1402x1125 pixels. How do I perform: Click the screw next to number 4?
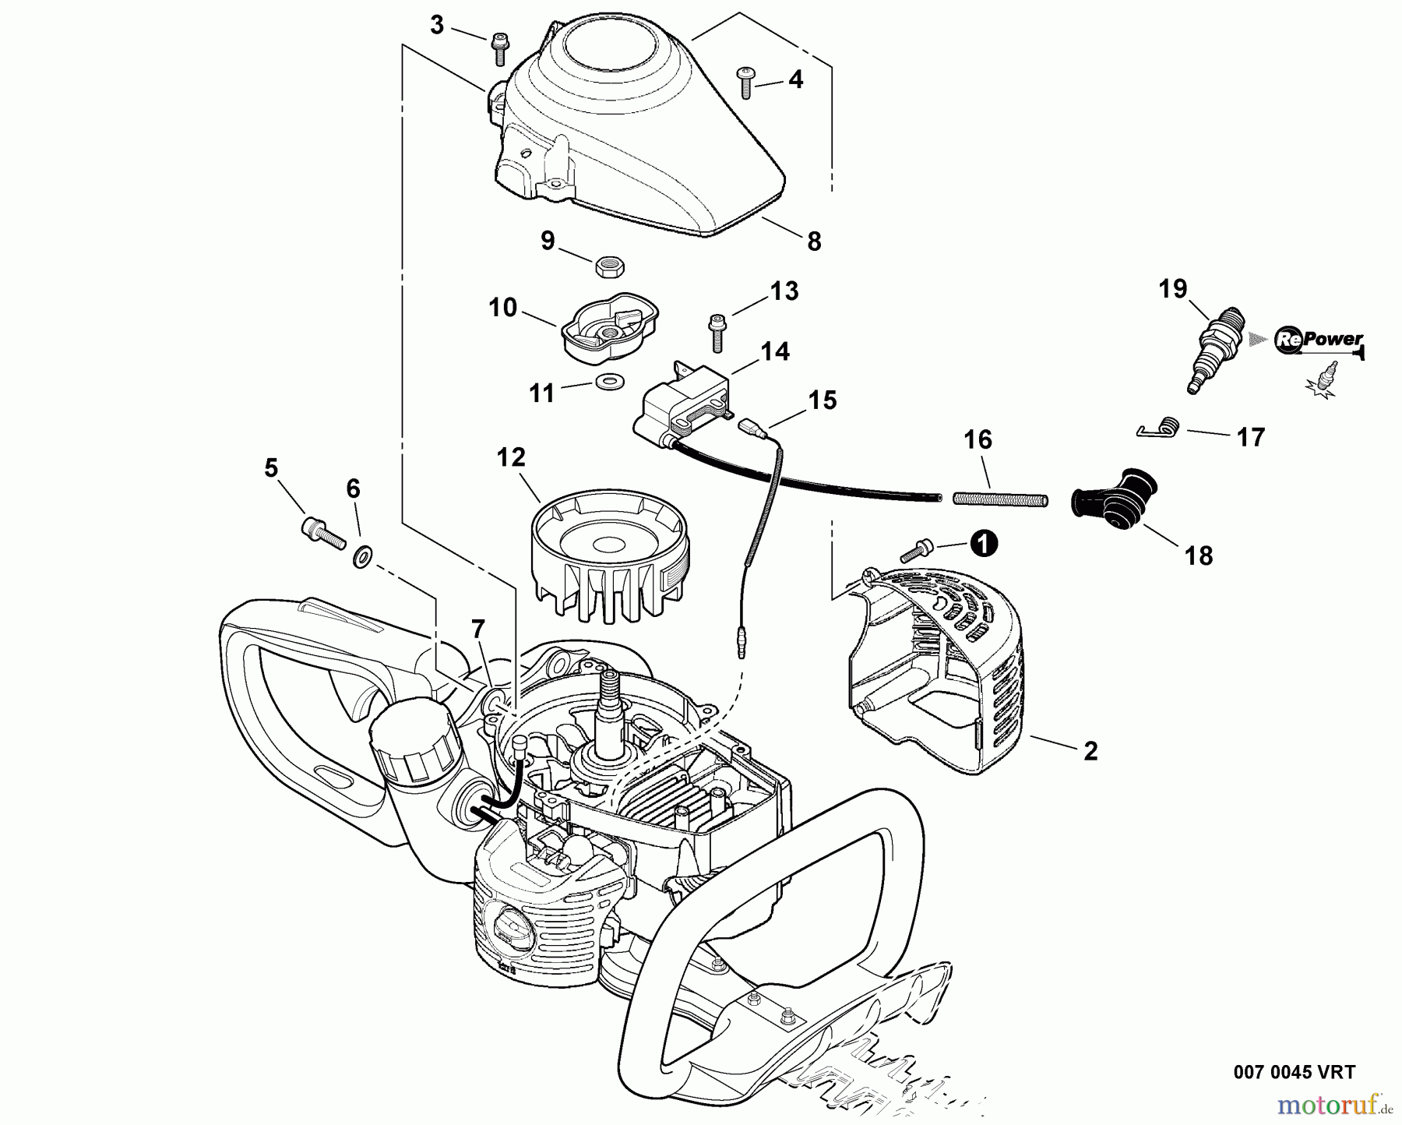tap(745, 83)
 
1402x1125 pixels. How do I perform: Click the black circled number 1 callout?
tap(984, 544)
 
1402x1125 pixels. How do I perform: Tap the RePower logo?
tap(1319, 340)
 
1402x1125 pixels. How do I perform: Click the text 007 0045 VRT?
tap(1294, 1072)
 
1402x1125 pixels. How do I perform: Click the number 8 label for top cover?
tap(814, 242)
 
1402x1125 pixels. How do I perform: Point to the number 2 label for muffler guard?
tap(1090, 751)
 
